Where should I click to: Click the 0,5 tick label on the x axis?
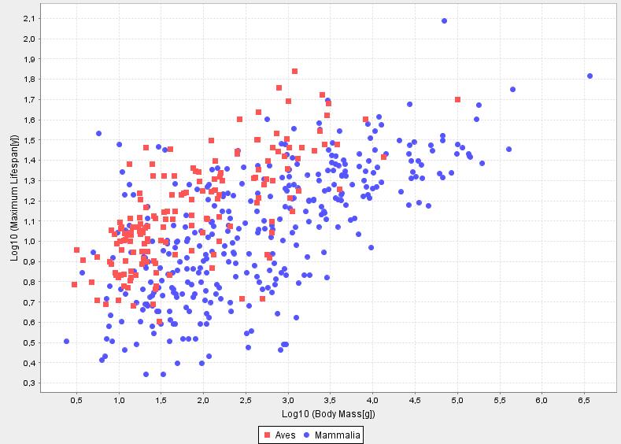pyautogui.click(x=76, y=401)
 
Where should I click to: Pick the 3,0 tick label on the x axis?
pyautogui.click(x=288, y=401)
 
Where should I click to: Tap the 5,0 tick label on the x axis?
pyautogui.click(x=457, y=401)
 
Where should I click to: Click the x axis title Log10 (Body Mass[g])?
pyautogui.click(x=329, y=414)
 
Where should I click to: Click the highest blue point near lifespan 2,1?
pyautogui.click(x=444, y=21)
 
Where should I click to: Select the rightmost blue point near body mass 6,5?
pyautogui.click(x=590, y=76)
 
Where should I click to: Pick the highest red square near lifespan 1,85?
pyautogui.click(x=294, y=71)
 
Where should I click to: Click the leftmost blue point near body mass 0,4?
pyautogui.click(x=66, y=341)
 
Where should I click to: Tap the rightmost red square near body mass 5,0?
pyautogui.click(x=457, y=99)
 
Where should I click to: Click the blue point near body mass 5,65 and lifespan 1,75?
pyautogui.click(x=512, y=90)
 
